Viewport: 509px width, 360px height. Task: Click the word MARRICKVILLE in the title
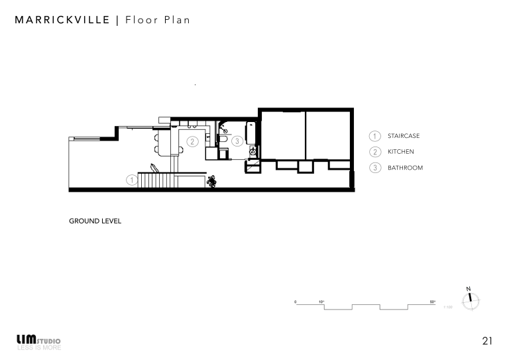pos(62,20)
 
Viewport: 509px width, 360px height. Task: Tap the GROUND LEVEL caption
pos(95,221)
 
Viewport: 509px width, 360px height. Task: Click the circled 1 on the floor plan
pos(132,179)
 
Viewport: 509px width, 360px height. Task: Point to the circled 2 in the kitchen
pos(192,141)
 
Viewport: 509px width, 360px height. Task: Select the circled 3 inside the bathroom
pos(237,141)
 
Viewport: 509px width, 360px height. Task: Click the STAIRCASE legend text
pos(404,136)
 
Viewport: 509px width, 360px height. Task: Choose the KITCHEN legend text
pos(401,152)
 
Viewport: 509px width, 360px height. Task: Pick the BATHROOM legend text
pos(405,168)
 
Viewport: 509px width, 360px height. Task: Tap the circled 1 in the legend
pos(374,136)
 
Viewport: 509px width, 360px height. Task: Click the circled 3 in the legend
pos(374,168)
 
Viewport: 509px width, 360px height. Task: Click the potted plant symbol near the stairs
pos(212,180)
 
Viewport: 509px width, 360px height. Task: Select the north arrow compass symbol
pos(470,300)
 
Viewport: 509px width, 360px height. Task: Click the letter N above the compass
pos(469,288)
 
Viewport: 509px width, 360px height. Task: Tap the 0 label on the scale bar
pos(296,302)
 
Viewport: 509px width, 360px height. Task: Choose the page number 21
pos(487,341)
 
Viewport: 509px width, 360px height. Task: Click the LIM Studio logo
pos(38,341)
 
